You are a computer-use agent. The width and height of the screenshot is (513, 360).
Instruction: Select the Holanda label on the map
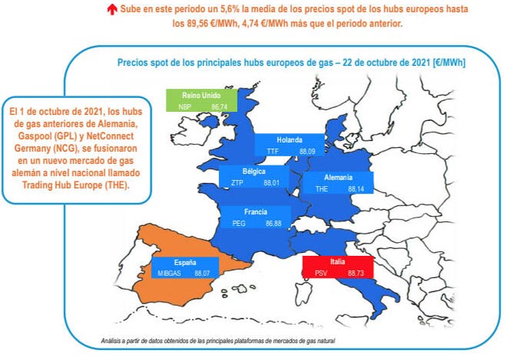point(289,140)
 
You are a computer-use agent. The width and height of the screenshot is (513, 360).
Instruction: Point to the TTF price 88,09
point(308,152)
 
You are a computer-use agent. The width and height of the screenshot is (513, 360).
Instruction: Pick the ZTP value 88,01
point(273,183)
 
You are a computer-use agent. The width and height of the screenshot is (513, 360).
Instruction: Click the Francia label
point(256,211)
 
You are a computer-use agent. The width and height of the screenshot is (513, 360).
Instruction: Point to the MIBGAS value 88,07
point(202,272)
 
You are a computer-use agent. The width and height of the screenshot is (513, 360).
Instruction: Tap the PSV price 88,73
point(358,273)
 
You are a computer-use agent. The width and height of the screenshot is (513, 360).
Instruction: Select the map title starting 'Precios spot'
point(291,61)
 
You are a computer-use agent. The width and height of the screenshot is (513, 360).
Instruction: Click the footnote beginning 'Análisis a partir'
point(218,339)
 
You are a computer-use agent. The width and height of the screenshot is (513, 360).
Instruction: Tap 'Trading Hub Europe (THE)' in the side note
point(77,185)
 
